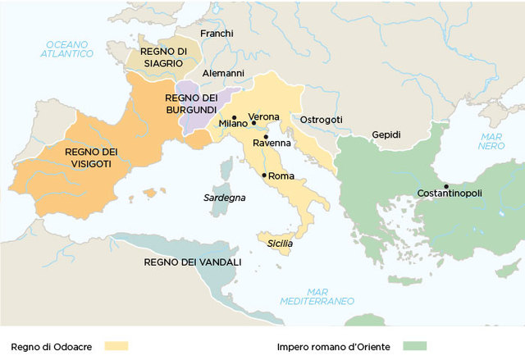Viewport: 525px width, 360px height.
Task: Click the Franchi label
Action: [217, 34]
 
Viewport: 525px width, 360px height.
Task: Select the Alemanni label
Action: [223, 73]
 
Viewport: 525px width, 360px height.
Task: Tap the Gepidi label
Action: [386, 134]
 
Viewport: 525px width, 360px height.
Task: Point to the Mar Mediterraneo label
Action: [327, 296]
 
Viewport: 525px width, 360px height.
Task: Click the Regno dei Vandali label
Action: [192, 262]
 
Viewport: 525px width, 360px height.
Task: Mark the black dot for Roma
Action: [263, 175]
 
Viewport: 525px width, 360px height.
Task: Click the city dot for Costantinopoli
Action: [446, 186]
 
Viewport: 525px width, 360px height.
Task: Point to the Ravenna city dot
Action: [266, 137]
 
